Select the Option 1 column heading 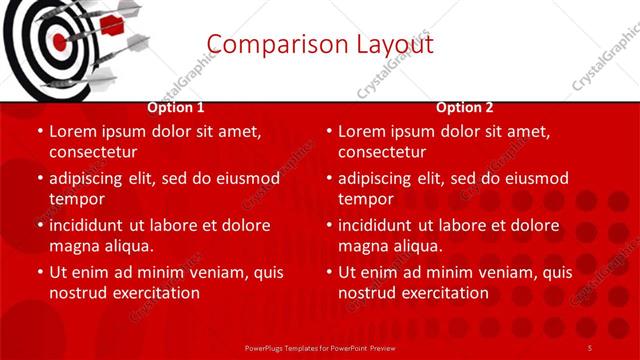pyautogui.click(x=176, y=108)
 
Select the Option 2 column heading pyautogui.click(x=465, y=108)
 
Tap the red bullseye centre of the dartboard pyautogui.click(x=58, y=42)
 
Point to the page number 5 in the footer pyautogui.click(x=590, y=347)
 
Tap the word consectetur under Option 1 pyautogui.click(x=92, y=152)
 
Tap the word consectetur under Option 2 pyautogui.click(x=382, y=152)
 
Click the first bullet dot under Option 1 pyautogui.click(x=39, y=131)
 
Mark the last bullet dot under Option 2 pyautogui.click(x=328, y=272)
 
